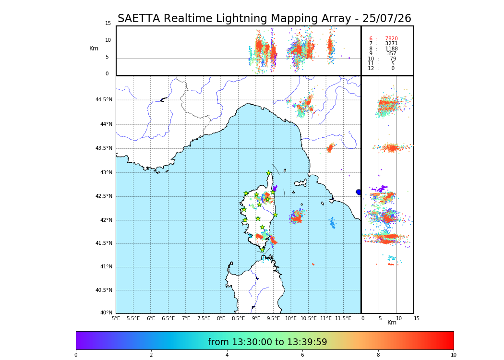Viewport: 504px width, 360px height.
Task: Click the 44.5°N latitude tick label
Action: [104, 100]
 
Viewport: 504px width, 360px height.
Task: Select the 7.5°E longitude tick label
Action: [204, 318]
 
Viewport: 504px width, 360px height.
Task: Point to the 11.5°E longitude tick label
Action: [344, 318]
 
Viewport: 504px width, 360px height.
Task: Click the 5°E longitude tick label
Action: [116, 318]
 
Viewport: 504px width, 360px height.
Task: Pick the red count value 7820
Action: [391, 39]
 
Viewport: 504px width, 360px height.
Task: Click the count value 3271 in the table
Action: [391, 44]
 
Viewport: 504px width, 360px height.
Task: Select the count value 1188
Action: [391, 49]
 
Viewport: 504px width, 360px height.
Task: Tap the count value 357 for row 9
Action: [391, 54]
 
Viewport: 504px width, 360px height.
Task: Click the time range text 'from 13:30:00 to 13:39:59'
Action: [267, 342]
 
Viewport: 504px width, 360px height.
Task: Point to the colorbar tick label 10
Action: [453, 355]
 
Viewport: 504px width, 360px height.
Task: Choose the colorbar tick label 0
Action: [76, 355]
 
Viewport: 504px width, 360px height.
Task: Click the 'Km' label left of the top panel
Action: [94, 48]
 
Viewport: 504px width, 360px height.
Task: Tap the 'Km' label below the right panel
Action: [392, 323]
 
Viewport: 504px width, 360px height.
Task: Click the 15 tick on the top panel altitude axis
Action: [108, 24]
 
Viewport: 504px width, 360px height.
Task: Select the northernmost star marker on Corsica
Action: [269, 173]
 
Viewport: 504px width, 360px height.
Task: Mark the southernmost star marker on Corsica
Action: [262, 250]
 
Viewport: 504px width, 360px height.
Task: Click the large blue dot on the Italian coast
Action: [359, 192]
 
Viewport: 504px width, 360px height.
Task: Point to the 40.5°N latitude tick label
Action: [104, 290]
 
